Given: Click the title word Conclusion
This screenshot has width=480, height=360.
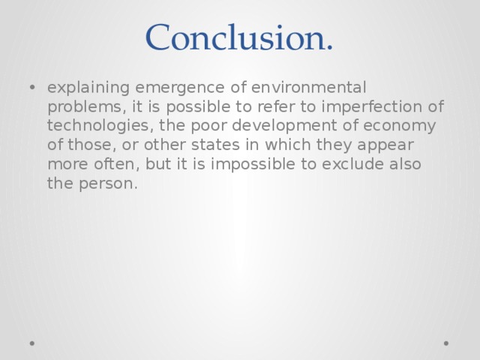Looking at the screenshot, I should (239, 36).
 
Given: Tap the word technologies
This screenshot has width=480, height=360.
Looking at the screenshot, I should (91, 125).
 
